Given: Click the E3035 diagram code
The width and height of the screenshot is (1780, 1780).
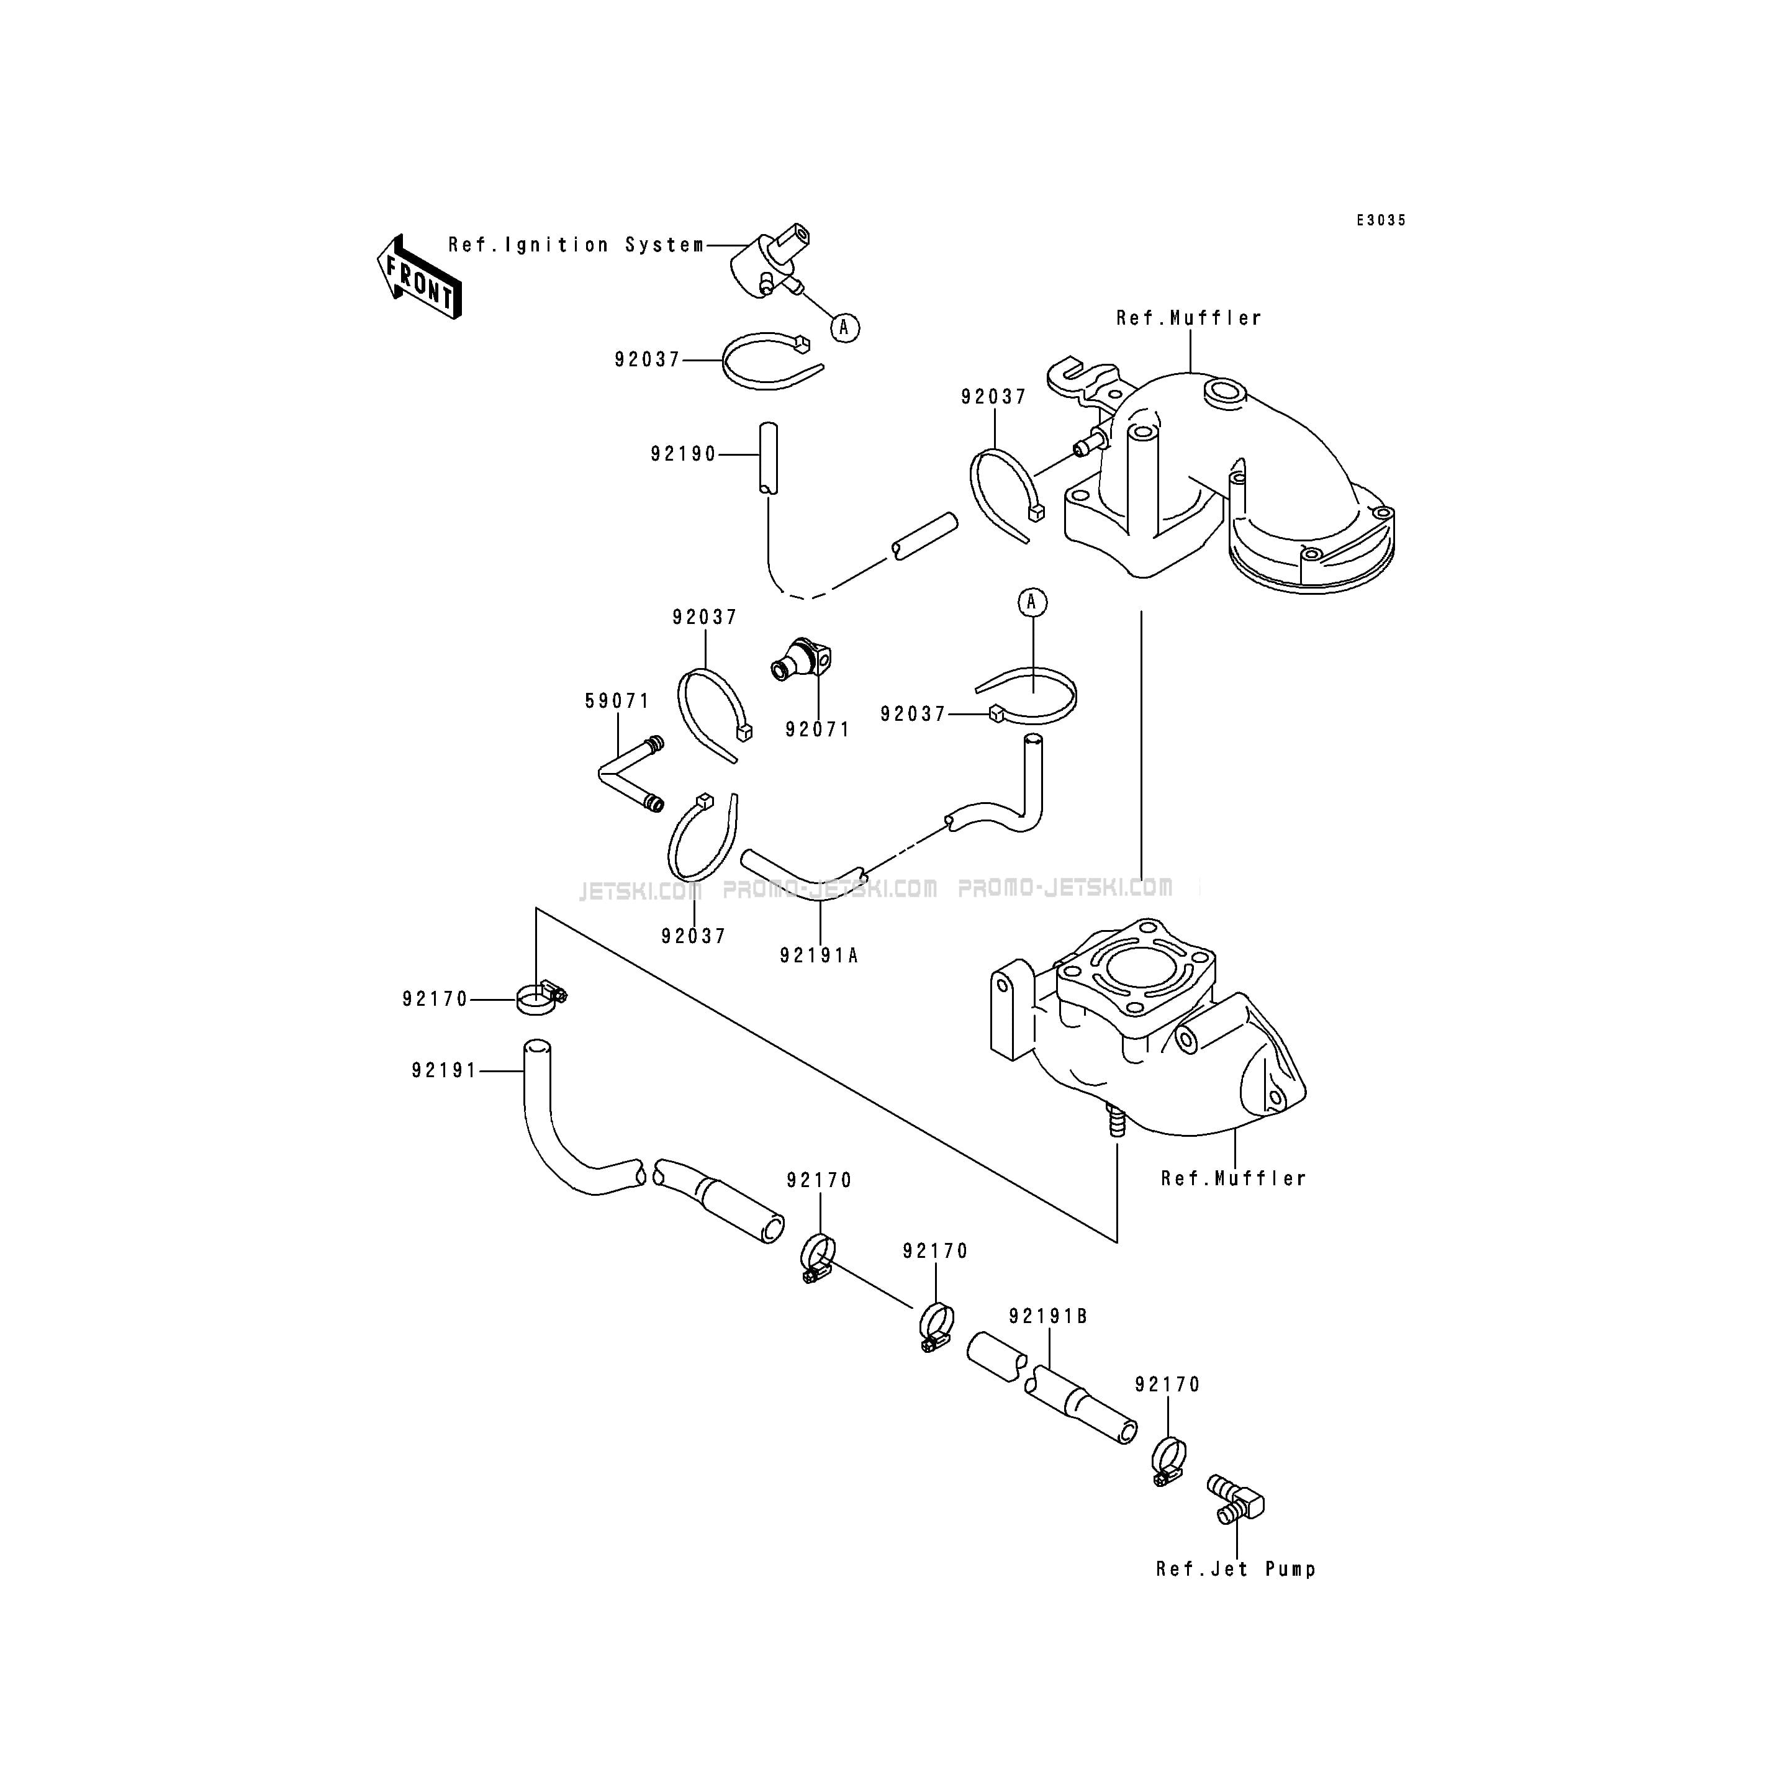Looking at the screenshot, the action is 1381,220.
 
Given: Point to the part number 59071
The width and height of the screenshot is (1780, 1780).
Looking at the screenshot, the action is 617,701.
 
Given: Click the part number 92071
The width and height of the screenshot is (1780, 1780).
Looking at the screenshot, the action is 817,730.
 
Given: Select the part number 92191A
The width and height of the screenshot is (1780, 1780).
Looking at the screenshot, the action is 819,956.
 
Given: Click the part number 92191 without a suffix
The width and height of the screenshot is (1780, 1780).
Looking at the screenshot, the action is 444,1070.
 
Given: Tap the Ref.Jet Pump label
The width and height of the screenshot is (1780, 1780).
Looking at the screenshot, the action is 1236,1569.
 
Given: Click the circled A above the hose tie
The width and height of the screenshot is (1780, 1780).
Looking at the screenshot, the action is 1032,603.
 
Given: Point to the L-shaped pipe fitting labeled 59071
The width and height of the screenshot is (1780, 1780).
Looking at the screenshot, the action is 630,774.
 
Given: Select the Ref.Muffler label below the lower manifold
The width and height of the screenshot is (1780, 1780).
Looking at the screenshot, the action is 1234,1178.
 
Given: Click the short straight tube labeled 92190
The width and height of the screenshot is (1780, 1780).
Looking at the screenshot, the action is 767,458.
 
